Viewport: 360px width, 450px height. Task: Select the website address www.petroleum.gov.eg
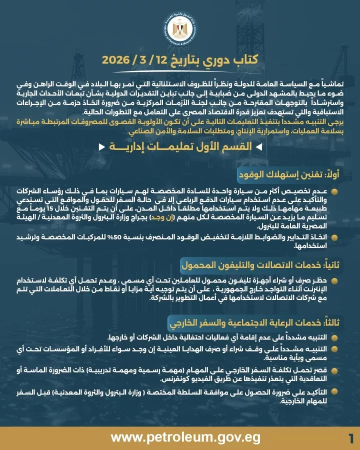[185, 437]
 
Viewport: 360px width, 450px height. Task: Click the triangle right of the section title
[258, 147]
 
